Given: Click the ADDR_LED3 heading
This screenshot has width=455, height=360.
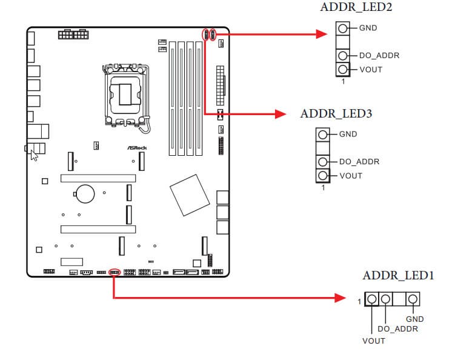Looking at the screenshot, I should pos(336,113).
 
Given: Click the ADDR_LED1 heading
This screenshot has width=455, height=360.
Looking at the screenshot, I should pos(398,276).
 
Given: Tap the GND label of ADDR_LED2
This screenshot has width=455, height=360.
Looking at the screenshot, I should pos(368,28).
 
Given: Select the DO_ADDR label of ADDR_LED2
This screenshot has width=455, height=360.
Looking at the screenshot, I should pos(379,56).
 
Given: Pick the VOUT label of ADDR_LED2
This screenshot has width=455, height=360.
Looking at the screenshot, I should pos(371,70).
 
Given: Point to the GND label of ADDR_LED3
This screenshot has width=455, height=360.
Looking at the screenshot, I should pos(348,134).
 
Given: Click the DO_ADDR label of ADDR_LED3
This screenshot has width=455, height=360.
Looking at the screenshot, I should pos(359,162).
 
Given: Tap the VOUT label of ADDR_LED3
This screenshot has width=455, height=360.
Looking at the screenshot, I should pos(351,176).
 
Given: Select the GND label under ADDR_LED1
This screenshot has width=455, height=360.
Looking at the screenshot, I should pos(415,319).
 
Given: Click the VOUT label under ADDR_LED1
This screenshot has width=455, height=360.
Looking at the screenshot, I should pos(374,341).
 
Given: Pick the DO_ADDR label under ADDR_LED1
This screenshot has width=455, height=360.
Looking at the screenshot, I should pos(397,329).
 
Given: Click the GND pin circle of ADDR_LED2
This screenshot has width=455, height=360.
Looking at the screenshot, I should pos(343,28).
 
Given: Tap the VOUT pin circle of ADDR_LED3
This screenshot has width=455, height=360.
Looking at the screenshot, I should pos(323,176).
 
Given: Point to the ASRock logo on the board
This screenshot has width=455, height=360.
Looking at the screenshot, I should pos(137,147).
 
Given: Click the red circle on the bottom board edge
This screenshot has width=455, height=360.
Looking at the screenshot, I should pos(113,272).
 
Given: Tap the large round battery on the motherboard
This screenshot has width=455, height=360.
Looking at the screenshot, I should pos(84,193).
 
